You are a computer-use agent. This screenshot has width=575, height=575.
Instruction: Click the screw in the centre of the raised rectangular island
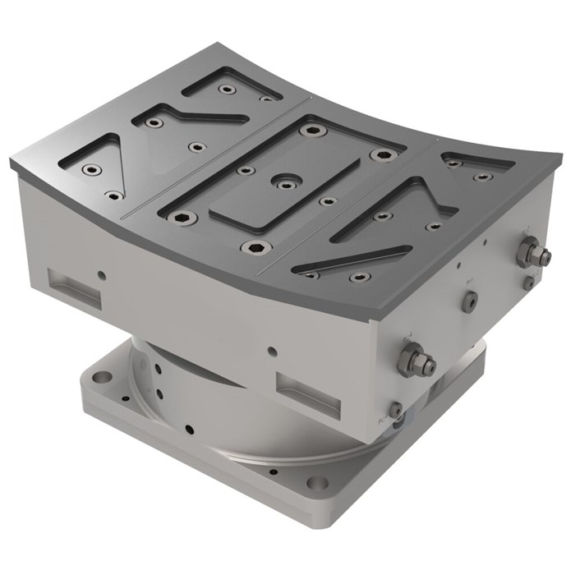point(284,182)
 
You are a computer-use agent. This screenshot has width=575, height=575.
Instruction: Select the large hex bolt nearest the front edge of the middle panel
point(252,246)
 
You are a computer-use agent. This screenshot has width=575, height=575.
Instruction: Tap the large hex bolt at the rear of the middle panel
point(310,130)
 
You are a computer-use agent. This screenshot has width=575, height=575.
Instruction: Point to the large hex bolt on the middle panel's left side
point(184,218)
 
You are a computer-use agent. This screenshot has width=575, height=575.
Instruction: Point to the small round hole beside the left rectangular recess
point(101,275)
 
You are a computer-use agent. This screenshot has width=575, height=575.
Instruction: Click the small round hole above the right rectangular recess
point(272,352)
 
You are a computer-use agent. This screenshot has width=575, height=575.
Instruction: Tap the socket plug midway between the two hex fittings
point(469,303)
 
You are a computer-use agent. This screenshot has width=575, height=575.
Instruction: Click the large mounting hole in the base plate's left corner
point(102,378)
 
